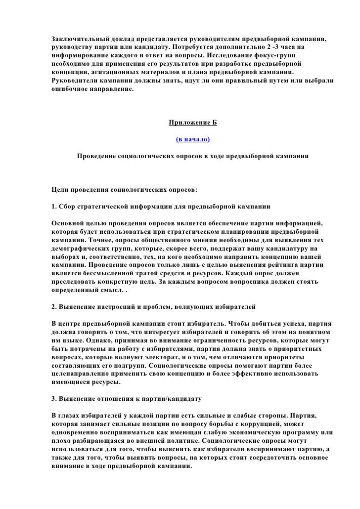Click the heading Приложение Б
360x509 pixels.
193,122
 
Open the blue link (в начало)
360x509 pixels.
193,139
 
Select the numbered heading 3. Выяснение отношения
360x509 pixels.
126,398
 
